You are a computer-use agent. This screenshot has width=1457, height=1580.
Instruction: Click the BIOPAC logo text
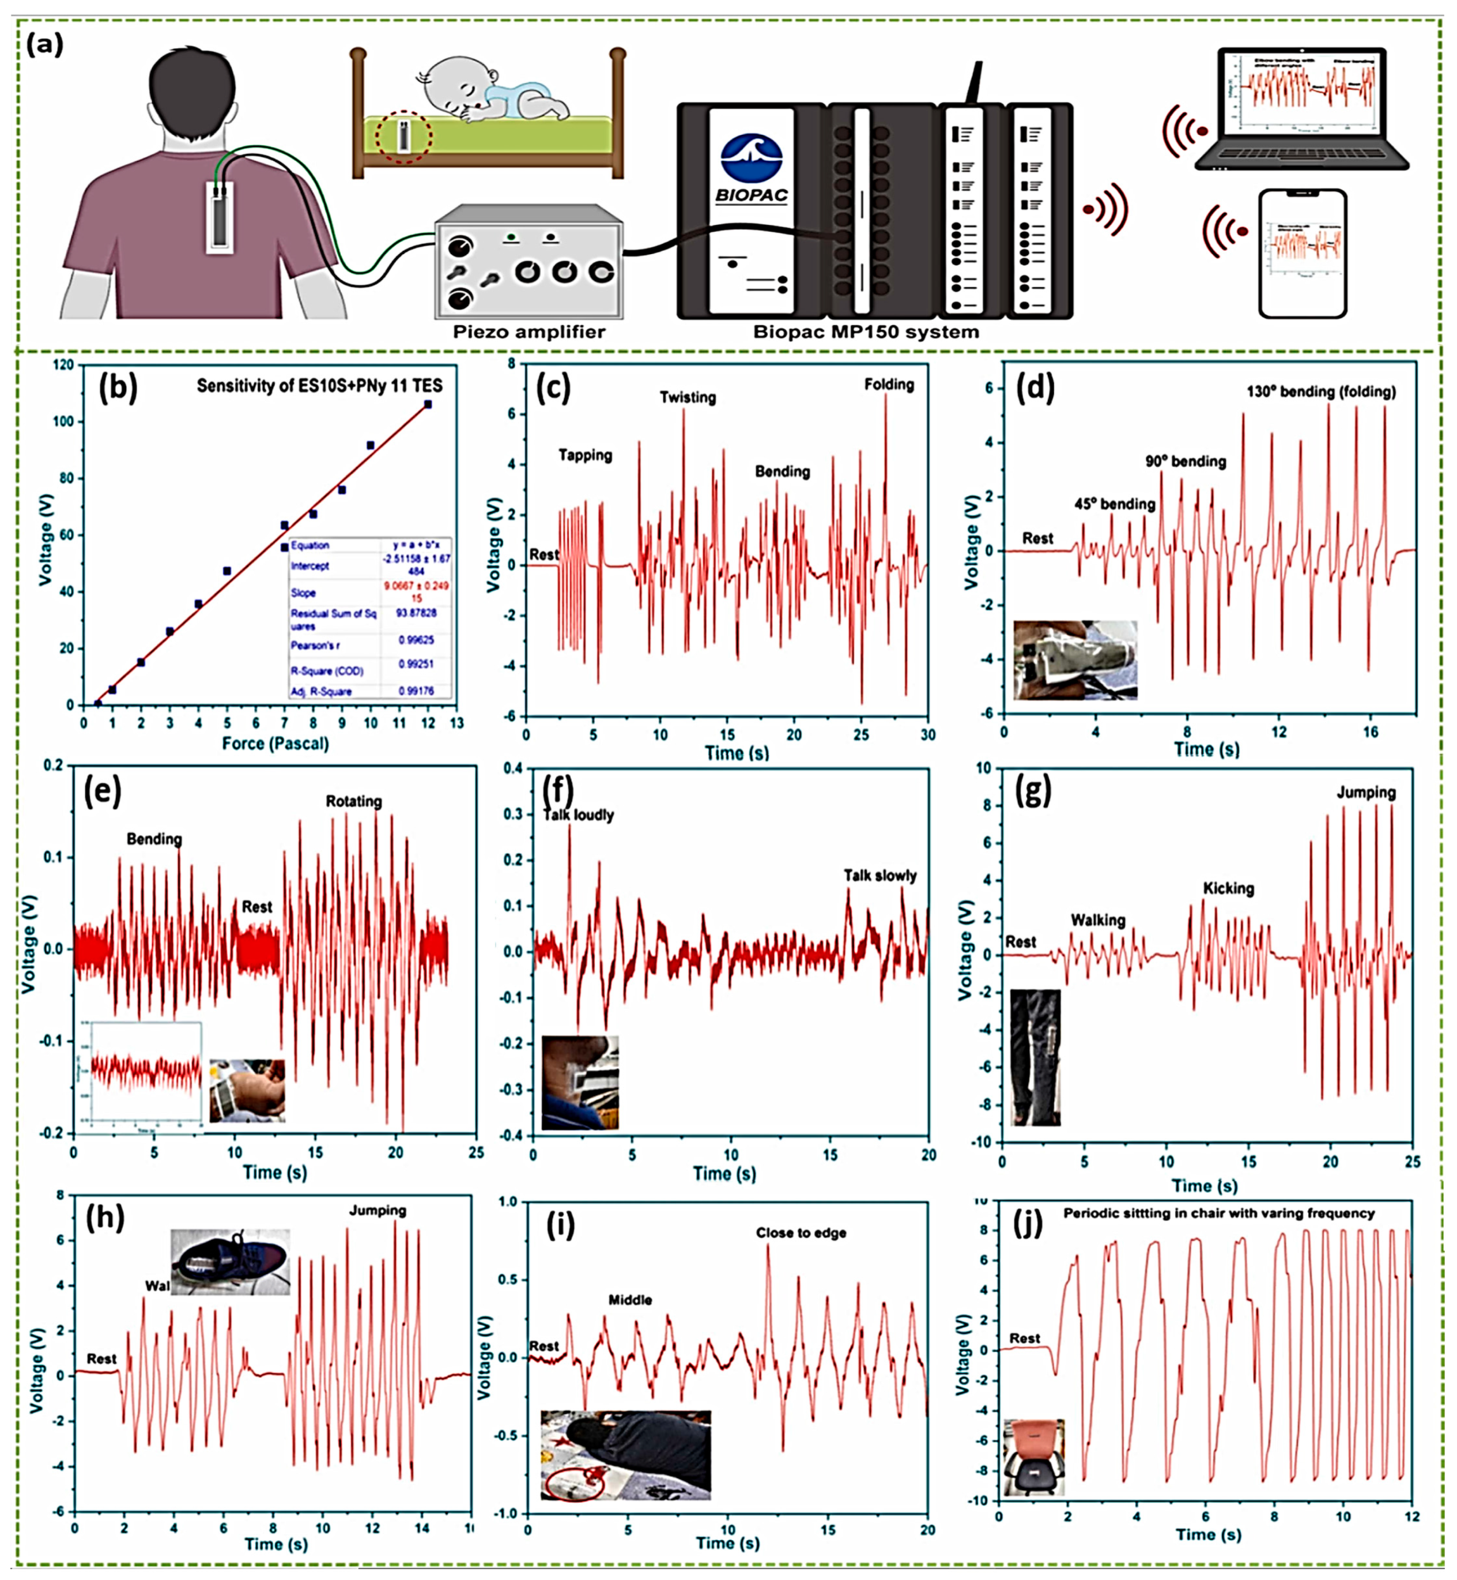[752, 195]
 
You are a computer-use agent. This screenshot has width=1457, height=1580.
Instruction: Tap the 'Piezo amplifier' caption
[529, 332]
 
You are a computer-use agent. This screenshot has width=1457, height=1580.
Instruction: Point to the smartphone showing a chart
[1302, 252]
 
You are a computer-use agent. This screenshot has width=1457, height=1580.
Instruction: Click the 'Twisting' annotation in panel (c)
[688, 397]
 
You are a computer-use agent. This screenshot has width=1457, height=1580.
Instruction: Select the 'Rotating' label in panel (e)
[353, 802]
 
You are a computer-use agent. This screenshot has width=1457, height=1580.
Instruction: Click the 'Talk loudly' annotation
[579, 815]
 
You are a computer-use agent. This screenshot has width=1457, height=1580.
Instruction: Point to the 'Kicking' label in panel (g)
[1228, 888]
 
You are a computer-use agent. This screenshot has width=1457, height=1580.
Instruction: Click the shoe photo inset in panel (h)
[230, 1261]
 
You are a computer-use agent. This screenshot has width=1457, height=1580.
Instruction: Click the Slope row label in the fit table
[304, 593]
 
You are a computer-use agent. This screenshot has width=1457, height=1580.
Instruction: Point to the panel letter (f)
[557, 789]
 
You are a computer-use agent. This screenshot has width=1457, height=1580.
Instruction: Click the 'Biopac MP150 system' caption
[866, 332]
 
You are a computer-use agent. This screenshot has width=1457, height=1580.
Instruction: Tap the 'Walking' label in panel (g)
[1097, 920]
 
